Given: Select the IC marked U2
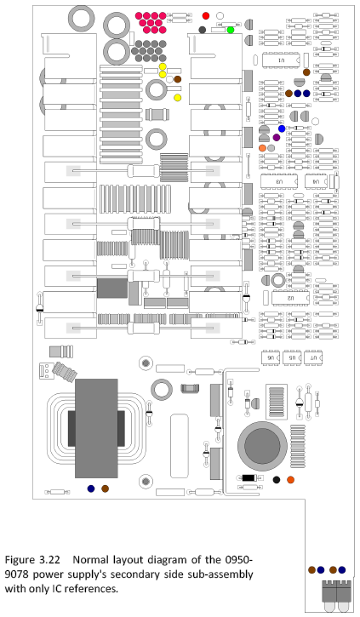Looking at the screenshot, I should point(290,298).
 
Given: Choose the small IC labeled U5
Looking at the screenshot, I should point(293,359).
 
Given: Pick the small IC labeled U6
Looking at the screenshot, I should point(272,359).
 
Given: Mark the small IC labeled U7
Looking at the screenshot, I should point(313,359).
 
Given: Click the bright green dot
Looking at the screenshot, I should point(231,30).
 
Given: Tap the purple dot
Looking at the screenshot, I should point(276,137).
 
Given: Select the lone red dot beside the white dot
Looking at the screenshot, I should point(206,16).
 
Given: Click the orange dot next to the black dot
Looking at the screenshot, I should point(291,481).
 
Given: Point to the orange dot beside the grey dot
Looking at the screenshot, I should point(263,148).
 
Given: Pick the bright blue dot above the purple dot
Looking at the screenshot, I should point(282,129).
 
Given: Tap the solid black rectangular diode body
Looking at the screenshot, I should point(249,478).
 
